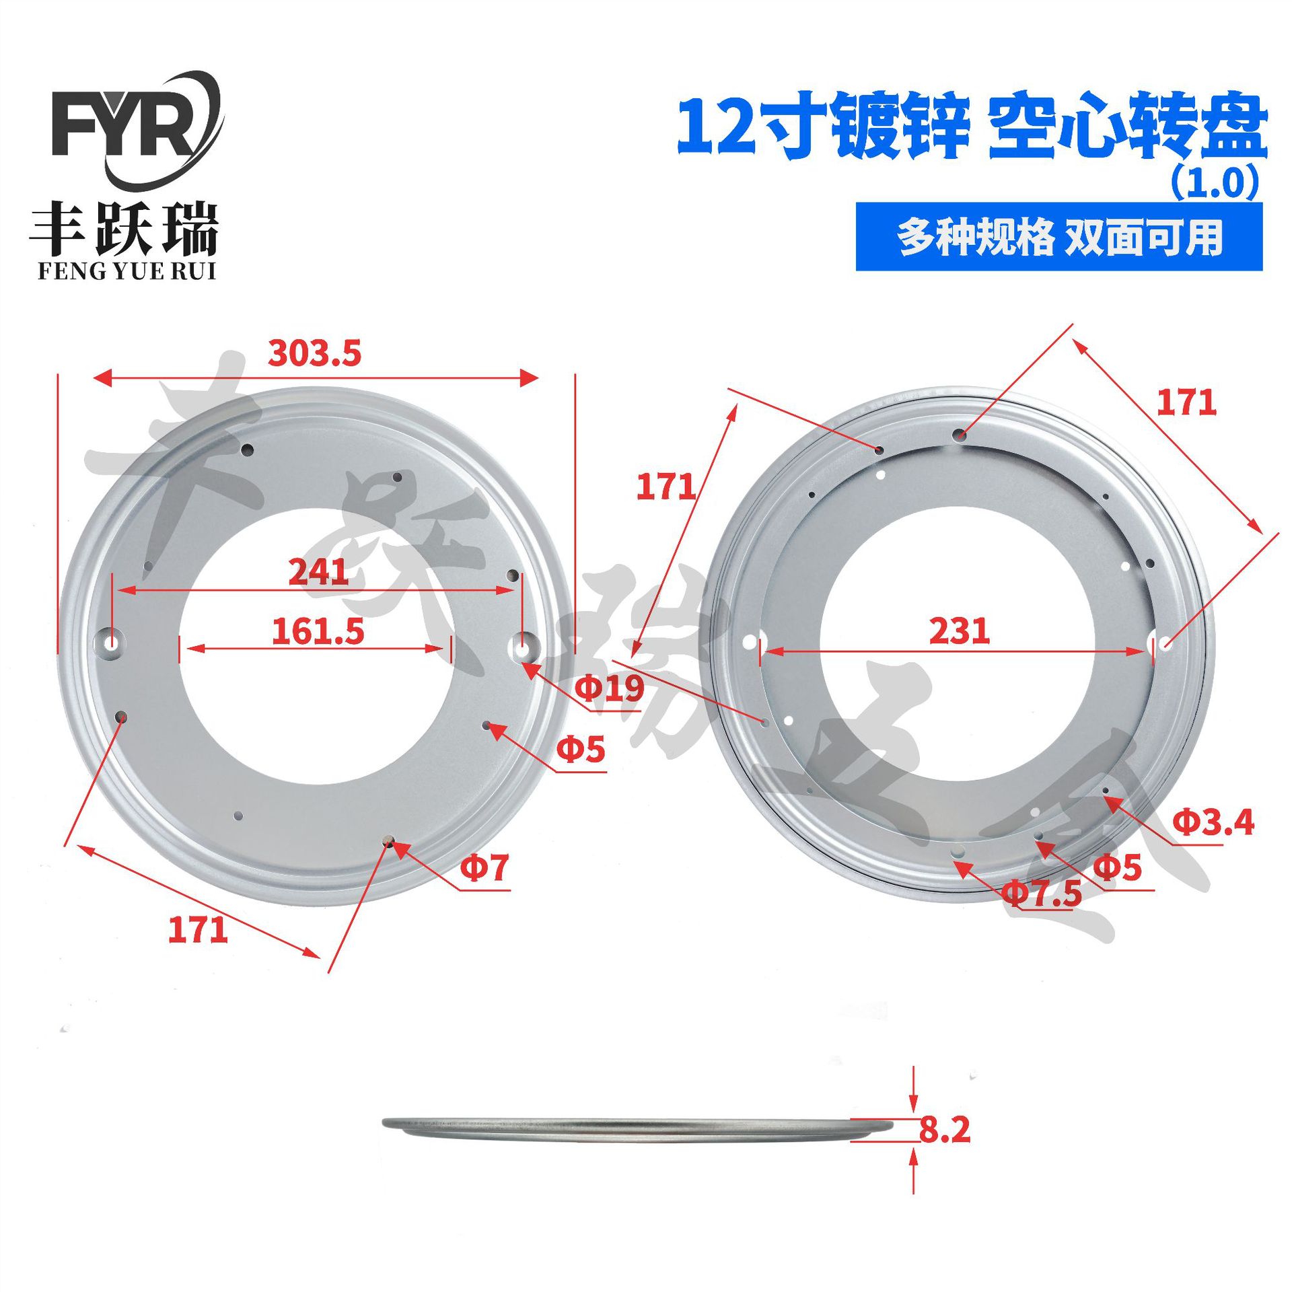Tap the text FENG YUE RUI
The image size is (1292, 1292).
coord(127,271)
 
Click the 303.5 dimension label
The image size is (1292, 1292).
coord(314,353)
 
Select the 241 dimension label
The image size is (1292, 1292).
coord(318,572)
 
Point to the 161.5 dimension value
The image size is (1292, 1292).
coord(318,631)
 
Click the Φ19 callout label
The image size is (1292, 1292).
coord(610,688)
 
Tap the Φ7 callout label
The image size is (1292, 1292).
coord(484,867)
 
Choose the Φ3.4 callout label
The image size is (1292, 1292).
coord(1213,822)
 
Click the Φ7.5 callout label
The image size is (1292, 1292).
coord(1042,894)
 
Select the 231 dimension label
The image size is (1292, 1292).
coord(959,631)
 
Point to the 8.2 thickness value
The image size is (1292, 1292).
coord(945,1130)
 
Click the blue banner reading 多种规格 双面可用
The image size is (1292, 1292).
coord(1058,237)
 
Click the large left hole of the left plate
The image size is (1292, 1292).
coord(112,643)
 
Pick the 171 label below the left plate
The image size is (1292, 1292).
coord(198,930)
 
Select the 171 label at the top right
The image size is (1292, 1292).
coord(1186,402)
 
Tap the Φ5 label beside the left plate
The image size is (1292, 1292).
coord(581,749)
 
